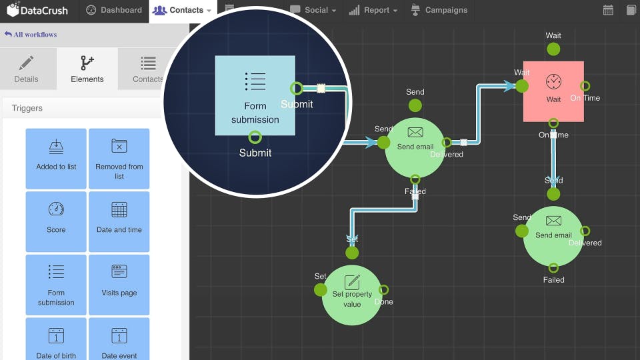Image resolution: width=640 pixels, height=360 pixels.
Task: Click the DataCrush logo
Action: [37, 10]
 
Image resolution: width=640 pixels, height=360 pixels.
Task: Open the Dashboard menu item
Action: [114, 10]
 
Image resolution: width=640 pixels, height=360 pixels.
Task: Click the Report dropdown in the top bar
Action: [373, 10]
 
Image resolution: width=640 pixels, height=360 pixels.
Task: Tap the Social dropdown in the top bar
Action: [313, 10]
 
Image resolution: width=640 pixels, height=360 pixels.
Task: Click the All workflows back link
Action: [31, 34]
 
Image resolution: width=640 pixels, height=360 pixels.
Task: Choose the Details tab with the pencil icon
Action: [27, 69]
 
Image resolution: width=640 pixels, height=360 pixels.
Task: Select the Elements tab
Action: [87, 69]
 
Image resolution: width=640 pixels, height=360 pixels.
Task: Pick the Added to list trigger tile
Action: [56, 158]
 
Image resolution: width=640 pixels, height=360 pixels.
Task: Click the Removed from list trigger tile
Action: [119, 158]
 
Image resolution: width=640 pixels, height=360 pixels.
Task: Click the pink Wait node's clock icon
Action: [553, 82]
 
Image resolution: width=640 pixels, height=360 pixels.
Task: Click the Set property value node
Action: [352, 295]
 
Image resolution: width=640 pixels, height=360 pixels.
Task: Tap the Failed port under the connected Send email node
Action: [415, 179]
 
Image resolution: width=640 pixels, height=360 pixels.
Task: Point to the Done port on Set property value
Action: [383, 290]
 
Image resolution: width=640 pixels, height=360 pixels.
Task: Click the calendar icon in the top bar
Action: [608, 10]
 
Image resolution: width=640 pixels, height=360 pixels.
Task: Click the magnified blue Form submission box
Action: [255, 95]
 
